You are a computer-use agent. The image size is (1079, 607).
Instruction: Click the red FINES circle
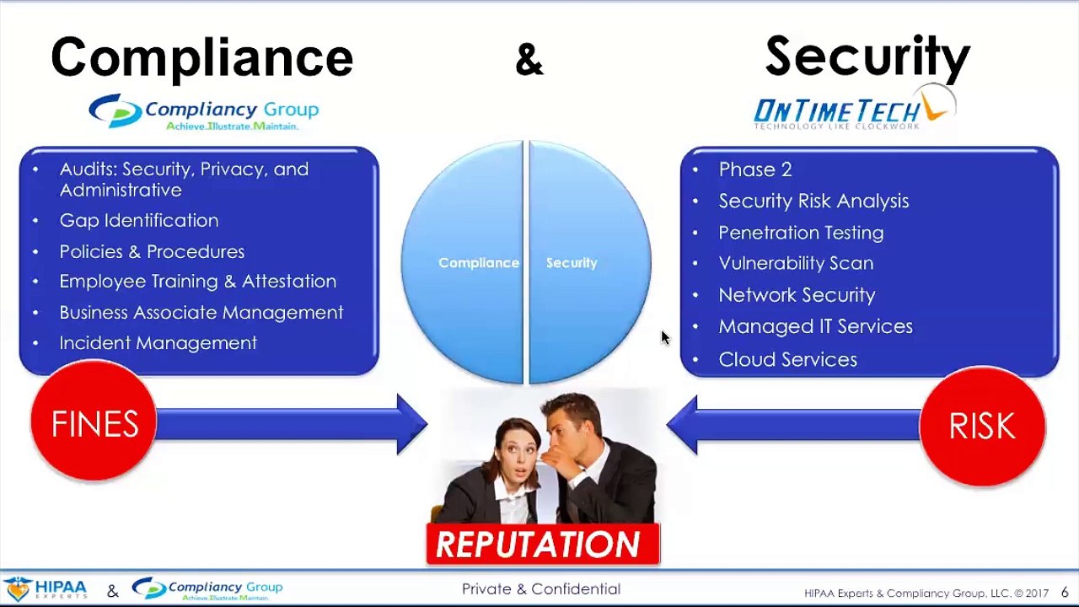[94, 424]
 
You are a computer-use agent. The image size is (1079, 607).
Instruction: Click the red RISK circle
[982, 426]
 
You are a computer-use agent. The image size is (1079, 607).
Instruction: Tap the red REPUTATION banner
[542, 545]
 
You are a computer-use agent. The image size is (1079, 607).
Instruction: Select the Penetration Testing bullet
[801, 232]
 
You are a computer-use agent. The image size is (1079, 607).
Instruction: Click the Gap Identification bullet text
[139, 220]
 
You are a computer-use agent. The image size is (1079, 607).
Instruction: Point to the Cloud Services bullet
[787, 359]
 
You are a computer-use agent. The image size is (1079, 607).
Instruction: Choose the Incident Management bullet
[158, 342]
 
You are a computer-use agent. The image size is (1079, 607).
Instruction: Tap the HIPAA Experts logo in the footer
[46, 588]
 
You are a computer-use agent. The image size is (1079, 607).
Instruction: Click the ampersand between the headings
[529, 60]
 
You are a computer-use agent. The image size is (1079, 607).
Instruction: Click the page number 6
[1065, 592]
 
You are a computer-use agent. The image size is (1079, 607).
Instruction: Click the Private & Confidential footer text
[540, 589]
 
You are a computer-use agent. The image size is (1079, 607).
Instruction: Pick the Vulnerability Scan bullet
[795, 263]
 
